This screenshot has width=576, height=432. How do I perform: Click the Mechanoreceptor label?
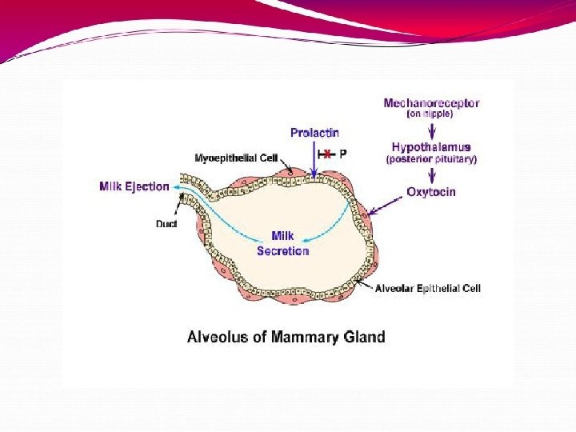431,103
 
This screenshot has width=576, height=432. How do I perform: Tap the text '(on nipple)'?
430,114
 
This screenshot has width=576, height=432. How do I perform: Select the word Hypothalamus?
431,147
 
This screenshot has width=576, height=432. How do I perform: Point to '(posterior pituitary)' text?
431,159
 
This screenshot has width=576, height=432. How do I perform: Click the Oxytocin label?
431,192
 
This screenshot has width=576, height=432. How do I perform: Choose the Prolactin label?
314,132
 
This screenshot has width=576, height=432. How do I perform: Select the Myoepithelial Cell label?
236,158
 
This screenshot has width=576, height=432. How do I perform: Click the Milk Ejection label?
134,186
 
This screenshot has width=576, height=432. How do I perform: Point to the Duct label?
166,224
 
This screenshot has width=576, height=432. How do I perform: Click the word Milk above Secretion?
282,236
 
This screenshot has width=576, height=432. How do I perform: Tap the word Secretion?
282,250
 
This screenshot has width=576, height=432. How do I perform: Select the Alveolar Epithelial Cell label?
428,288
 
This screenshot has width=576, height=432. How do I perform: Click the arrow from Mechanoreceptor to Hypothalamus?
431,130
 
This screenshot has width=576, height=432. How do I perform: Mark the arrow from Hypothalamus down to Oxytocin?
431,175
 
